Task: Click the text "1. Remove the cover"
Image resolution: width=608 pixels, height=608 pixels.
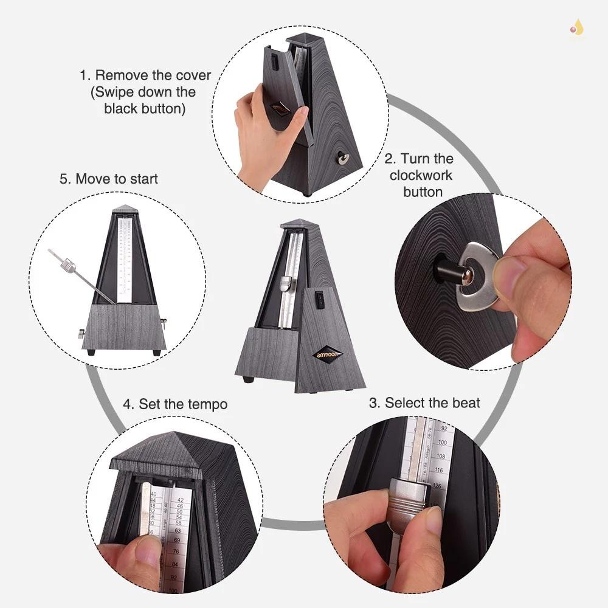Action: (x=145, y=76)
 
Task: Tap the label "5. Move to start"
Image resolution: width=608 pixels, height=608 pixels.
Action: (x=109, y=179)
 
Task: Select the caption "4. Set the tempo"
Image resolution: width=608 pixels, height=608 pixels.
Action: (x=175, y=404)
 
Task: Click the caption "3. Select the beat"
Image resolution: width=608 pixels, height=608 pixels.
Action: (x=424, y=402)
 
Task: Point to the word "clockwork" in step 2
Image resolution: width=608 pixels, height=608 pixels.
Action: (x=421, y=175)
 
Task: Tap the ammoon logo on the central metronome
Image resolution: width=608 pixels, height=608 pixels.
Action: (x=328, y=354)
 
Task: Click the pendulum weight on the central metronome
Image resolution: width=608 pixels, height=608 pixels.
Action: (x=286, y=282)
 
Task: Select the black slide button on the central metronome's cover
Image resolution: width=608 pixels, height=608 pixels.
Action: (x=317, y=298)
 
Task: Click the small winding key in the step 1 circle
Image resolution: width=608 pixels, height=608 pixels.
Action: (x=344, y=159)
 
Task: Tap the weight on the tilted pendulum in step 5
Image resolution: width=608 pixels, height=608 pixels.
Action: (x=68, y=264)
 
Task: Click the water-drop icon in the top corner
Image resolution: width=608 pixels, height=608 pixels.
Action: (x=576, y=27)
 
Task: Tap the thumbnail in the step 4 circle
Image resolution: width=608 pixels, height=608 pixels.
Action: (x=146, y=551)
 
